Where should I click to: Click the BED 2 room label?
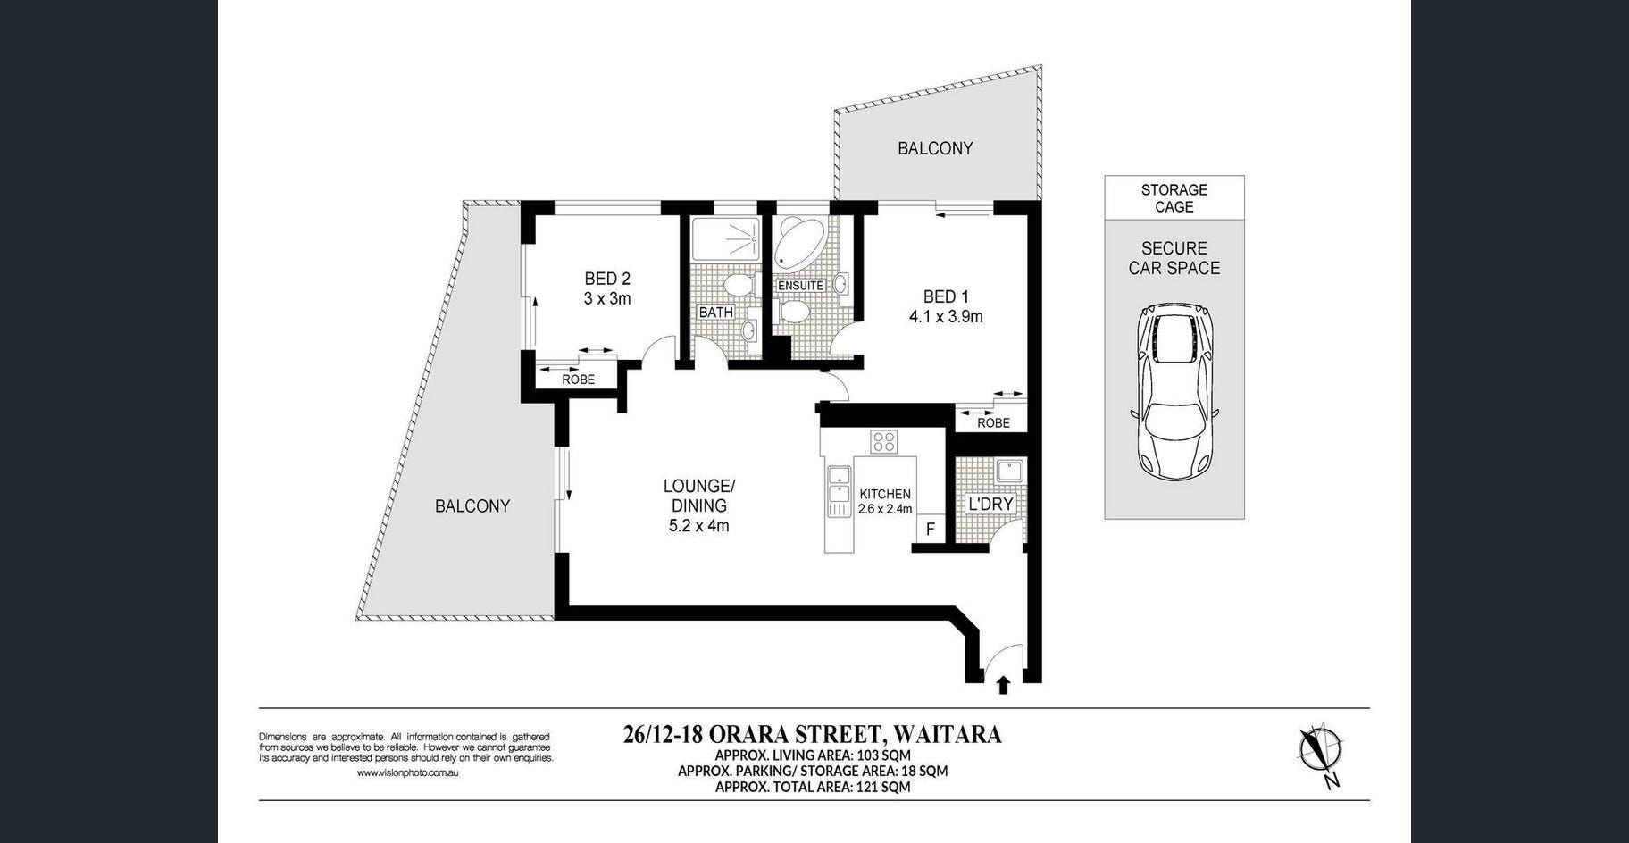click(x=607, y=279)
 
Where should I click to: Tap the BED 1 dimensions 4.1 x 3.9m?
click(x=946, y=316)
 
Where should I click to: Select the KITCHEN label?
click(x=885, y=494)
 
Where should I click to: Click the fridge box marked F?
click(x=930, y=529)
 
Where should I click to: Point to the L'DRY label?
click(x=991, y=504)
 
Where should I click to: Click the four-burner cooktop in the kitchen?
click(x=884, y=441)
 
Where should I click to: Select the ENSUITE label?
click(x=800, y=286)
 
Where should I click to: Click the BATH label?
click(x=715, y=313)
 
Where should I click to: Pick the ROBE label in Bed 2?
click(x=578, y=380)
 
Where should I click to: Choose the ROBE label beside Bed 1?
click(x=993, y=422)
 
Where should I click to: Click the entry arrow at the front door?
click(x=1003, y=685)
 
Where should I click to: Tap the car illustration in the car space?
click(x=1174, y=392)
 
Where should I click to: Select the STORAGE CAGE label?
click(x=1174, y=198)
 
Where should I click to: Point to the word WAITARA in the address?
click(x=948, y=735)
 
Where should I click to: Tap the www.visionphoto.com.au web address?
click(x=407, y=772)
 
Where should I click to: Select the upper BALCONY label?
click(x=935, y=148)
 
